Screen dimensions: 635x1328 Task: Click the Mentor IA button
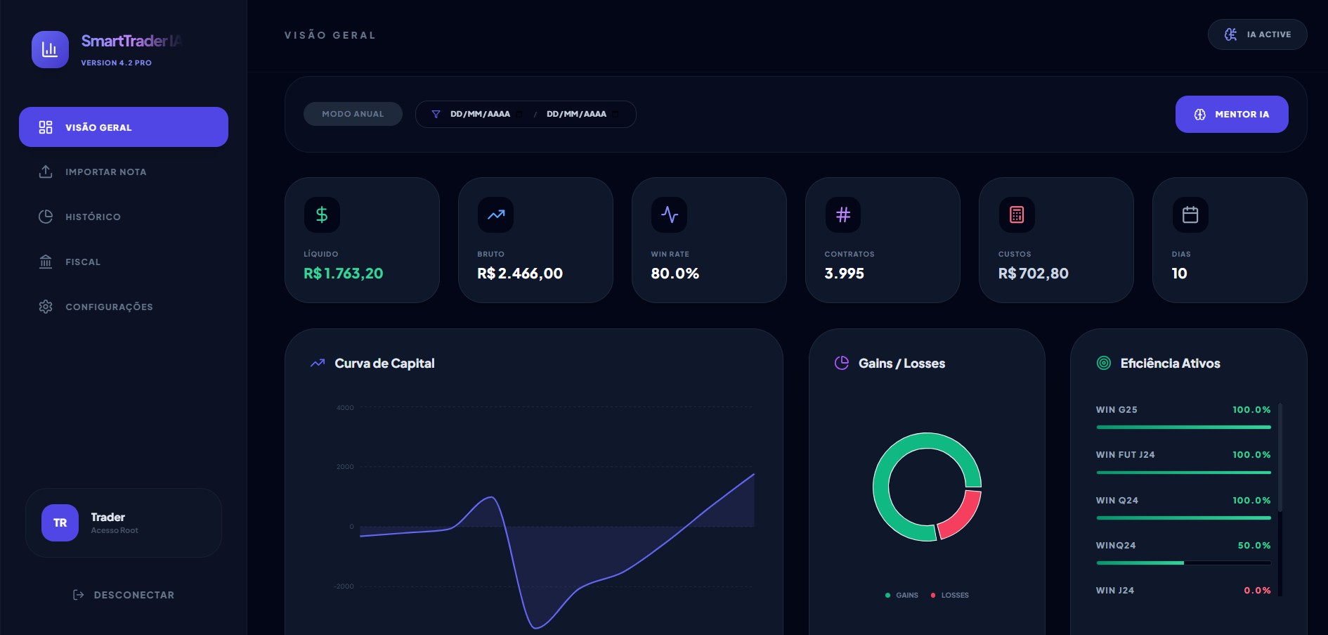click(x=1231, y=114)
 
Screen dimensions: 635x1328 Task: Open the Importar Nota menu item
click(x=105, y=172)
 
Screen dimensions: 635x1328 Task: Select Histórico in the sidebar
click(x=93, y=217)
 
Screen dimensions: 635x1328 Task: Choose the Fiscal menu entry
click(x=83, y=262)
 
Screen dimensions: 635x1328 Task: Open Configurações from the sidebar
click(x=109, y=307)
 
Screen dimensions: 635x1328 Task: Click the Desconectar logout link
click(x=134, y=595)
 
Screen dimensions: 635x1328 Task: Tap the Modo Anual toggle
click(x=353, y=114)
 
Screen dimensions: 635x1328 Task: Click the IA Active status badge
click(x=1257, y=34)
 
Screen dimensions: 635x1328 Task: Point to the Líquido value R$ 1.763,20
click(x=344, y=274)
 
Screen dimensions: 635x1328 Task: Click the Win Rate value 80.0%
click(x=675, y=274)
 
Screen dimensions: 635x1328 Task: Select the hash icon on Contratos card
click(x=842, y=214)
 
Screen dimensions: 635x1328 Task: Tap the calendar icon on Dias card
click(x=1190, y=214)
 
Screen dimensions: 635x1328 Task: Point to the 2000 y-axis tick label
click(x=345, y=467)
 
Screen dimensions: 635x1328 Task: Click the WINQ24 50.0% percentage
click(x=1254, y=545)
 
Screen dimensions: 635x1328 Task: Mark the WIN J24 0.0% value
click(x=1257, y=591)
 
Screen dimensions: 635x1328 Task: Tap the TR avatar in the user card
click(x=60, y=522)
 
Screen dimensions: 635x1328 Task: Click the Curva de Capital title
click(x=384, y=364)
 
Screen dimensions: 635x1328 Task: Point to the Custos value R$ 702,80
click(x=1033, y=274)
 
